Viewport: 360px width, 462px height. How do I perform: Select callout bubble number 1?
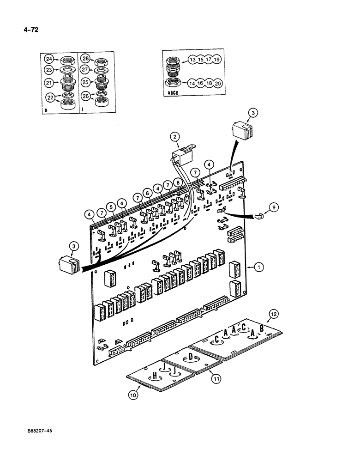pyautogui.click(x=259, y=267)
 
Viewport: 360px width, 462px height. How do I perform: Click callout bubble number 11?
pyautogui.click(x=216, y=379)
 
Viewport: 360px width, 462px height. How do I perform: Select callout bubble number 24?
pyautogui.click(x=48, y=59)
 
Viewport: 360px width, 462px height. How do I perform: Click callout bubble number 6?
pyautogui.click(x=147, y=193)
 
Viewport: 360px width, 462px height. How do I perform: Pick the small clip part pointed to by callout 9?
pyautogui.click(x=259, y=215)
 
